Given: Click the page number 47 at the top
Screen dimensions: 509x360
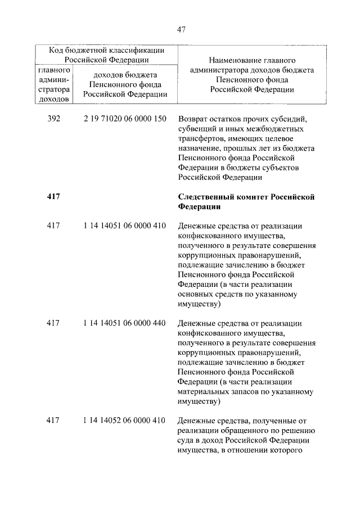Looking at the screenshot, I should coord(181,29).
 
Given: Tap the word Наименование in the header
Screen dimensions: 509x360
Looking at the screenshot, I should coord(235,60).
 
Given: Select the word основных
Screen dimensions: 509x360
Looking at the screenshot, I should coord(195,294).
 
